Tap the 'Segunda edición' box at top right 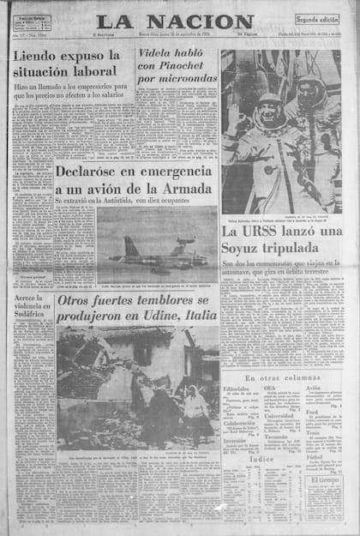coord(317,18)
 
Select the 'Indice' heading coord(261,459)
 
